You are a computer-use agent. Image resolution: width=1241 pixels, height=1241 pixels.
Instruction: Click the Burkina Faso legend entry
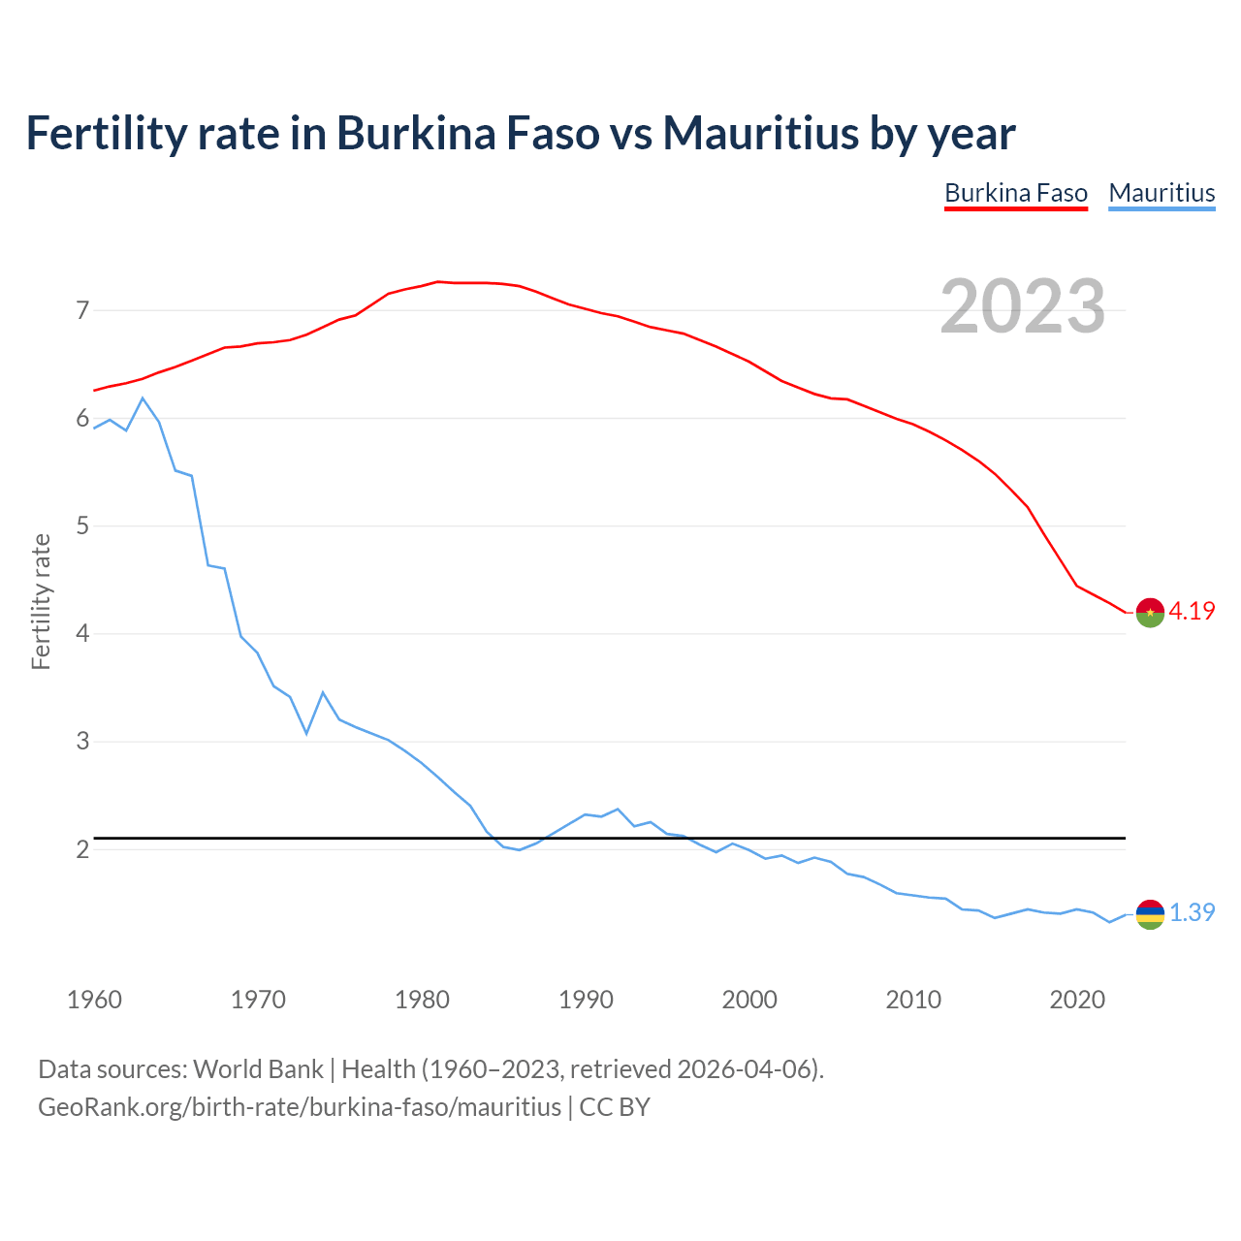[1016, 193]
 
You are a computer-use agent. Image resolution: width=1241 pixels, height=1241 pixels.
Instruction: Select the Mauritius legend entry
[1161, 193]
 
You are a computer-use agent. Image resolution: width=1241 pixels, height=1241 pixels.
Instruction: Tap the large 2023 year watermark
[1023, 306]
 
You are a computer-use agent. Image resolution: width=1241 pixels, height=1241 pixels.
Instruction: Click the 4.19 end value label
[1192, 611]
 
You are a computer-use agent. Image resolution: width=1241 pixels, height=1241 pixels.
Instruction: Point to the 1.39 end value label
[1192, 912]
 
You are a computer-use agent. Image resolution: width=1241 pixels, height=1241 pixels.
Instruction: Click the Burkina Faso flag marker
[1150, 613]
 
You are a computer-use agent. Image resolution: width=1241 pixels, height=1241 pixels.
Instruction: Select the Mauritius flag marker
[1150, 914]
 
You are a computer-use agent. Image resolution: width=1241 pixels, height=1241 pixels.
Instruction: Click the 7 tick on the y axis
[82, 310]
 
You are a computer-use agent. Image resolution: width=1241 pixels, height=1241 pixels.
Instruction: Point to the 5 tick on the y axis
[82, 526]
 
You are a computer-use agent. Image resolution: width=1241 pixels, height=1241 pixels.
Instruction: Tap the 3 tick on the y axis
[82, 742]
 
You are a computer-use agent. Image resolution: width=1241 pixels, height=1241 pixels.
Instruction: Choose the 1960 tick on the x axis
[94, 1000]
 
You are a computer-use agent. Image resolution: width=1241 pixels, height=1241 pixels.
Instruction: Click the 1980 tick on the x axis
[422, 1000]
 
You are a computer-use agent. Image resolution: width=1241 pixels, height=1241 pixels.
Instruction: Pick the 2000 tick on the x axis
[749, 1000]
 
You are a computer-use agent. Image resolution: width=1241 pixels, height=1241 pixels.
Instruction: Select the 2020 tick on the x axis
[1077, 1000]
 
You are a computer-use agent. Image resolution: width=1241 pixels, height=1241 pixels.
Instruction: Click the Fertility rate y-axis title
[41, 601]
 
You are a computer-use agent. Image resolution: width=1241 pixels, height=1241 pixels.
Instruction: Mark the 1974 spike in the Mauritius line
[323, 692]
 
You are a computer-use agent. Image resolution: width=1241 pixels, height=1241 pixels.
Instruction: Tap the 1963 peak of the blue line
[143, 398]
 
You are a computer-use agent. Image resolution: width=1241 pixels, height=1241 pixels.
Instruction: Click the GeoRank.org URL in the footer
[300, 1107]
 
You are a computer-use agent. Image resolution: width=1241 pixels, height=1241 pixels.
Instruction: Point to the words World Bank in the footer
[258, 1069]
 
